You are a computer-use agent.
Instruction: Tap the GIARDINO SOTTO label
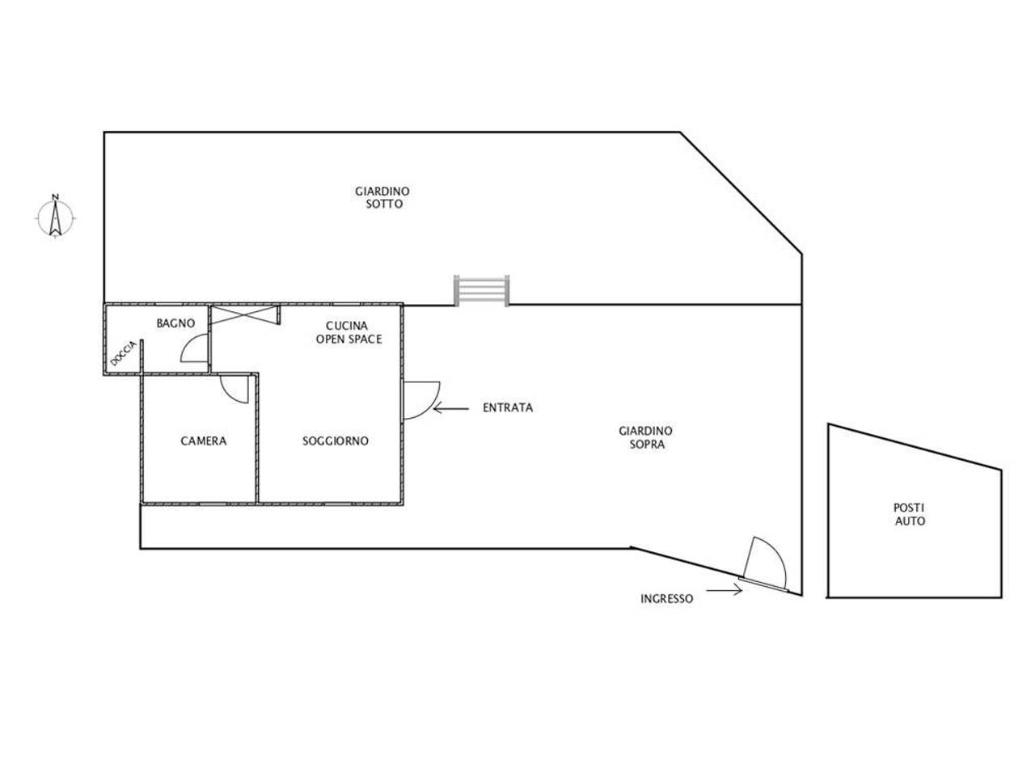tap(382, 197)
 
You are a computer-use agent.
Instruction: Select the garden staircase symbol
tap(481, 291)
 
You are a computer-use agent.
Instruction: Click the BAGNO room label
tap(175, 323)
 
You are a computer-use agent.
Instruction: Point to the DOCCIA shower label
tap(124, 353)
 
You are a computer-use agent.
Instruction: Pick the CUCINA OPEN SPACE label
tap(349, 332)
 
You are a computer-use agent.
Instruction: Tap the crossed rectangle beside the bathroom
tap(245, 314)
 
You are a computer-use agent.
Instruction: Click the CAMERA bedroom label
tap(204, 441)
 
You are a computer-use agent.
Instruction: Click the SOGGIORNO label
tap(336, 441)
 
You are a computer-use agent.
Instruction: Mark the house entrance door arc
tap(433, 405)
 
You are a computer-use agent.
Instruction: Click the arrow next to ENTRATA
tap(450, 408)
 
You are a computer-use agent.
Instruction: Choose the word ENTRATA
tap(508, 407)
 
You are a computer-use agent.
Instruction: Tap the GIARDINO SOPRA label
tap(646, 437)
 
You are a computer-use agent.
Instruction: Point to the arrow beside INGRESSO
tap(724, 590)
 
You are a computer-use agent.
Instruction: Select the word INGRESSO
tap(667, 599)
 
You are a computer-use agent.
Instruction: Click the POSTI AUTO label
tap(910, 514)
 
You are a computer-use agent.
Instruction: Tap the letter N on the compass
tap(56, 197)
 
